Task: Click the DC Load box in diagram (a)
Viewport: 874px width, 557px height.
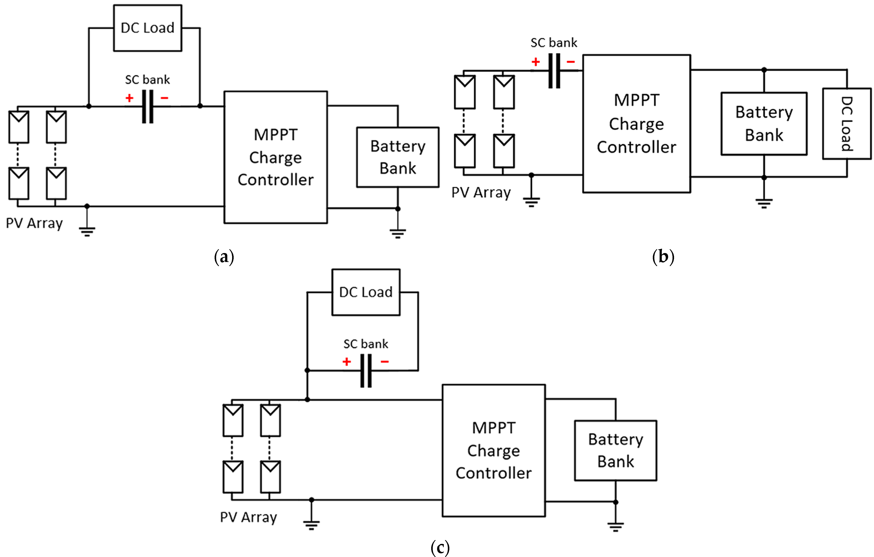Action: click(147, 28)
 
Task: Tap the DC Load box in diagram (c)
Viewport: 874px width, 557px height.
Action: click(366, 292)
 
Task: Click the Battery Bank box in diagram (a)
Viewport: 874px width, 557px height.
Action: click(398, 157)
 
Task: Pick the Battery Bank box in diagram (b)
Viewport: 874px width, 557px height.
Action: click(764, 124)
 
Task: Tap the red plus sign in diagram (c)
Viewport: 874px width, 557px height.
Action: click(347, 362)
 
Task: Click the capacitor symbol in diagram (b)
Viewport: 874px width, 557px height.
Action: click(554, 71)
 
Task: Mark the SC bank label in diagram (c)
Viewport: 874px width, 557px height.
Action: click(366, 344)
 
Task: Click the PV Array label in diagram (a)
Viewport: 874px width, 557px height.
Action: click(35, 223)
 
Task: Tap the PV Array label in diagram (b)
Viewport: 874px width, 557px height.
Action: click(481, 192)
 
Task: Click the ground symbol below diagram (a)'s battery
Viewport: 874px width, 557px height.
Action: click(398, 233)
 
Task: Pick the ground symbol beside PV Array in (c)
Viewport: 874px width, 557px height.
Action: click(311, 524)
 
